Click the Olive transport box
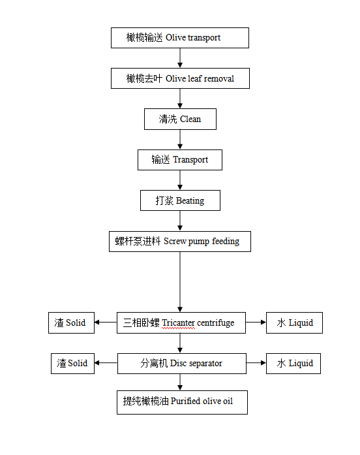(180, 38)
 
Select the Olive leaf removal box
(180, 78)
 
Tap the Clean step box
(180, 119)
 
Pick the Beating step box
(180, 200)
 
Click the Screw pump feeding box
(180, 242)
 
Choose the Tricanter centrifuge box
(181, 322)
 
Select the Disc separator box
(182, 364)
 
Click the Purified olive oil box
(182, 402)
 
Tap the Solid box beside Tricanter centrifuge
(71, 322)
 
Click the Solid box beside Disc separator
(72, 364)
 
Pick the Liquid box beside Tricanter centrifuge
(294, 322)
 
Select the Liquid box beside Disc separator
(293, 364)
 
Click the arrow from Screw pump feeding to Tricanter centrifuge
(180, 282)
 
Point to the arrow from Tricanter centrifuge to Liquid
(256, 322)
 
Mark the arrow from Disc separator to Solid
(106, 363)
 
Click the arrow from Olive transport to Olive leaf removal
(180, 58)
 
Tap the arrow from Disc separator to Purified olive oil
(180, 382)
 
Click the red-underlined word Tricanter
(178, 323)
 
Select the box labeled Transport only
(180, 160)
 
